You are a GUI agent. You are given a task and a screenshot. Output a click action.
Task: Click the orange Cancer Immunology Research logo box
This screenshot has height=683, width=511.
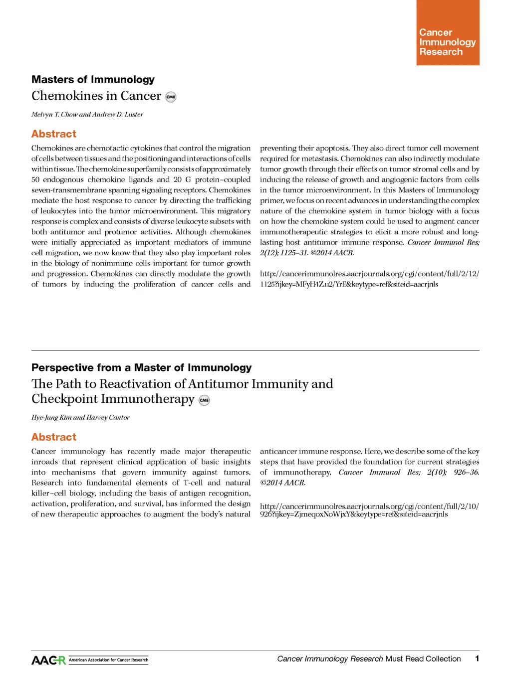pos(448,33)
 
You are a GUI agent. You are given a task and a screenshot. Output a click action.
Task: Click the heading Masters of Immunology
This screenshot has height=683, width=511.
pos(93,80)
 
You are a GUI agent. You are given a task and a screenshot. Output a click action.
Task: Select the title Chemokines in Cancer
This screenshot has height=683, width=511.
pos(96,96)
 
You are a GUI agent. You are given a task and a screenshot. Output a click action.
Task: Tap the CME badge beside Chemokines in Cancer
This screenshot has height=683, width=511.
pos(171,97)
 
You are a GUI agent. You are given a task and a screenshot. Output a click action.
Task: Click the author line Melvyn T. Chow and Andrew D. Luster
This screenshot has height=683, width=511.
pos(87,115)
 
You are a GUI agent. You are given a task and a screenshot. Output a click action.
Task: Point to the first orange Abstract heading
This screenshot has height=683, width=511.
pos(54,134)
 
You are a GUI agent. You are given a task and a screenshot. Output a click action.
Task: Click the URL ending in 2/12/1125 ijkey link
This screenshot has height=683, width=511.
pos(369,279)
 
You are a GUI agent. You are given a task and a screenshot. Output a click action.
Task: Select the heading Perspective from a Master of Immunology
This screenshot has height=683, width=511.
pos(141,368)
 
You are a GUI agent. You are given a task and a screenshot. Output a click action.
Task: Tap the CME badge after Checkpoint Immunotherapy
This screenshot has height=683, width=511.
pos(204,400)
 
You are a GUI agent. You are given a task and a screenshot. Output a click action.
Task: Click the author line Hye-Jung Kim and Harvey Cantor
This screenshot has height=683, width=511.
pos(80,418)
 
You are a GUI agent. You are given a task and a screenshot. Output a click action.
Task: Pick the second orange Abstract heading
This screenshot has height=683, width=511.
pos(54,437)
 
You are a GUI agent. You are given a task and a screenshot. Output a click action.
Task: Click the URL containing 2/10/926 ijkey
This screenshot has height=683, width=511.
pos(369,510)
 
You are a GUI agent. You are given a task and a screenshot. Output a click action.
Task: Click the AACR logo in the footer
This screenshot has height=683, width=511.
pos(48,660)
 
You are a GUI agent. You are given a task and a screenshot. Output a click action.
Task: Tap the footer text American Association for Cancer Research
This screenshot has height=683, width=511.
pos(108,660)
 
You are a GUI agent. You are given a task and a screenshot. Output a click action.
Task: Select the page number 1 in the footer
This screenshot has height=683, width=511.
pos(477,659)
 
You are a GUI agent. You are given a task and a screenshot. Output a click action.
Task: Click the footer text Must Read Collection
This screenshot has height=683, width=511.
pos(423,659)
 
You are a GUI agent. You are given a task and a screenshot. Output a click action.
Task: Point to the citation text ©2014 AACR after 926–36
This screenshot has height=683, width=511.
pos(282,483)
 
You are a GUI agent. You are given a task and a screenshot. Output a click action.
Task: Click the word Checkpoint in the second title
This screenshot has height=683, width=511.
pos(64,399)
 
